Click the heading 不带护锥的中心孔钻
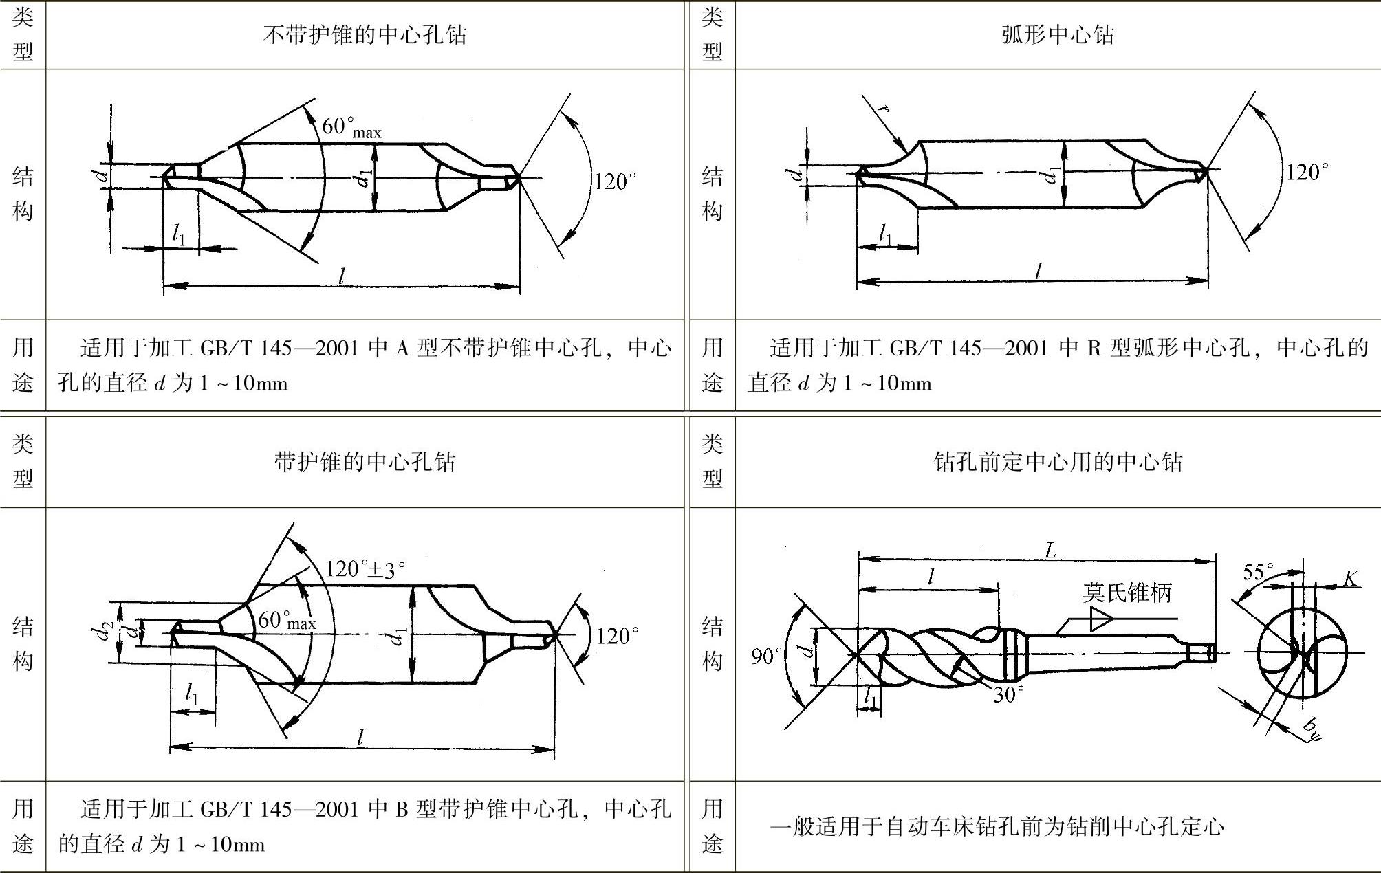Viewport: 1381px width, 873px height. (365, 34)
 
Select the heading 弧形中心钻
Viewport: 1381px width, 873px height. (1057, 34)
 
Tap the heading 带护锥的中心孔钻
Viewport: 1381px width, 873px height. (365, 461)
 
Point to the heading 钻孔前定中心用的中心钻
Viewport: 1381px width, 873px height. (1057, 461)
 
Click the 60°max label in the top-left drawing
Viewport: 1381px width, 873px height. (351, 126)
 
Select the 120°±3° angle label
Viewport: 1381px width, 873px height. (365, 569)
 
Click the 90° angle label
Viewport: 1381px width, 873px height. (766, 656)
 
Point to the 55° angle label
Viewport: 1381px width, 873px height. (1258, 572)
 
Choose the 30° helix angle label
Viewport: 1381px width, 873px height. (1008, 694)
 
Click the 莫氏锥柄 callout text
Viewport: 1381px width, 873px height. (1127, 593)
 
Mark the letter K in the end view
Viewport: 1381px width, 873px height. (1351, 579)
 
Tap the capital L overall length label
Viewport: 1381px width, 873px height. (1050, 550)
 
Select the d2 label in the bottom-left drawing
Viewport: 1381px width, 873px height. (105, 630)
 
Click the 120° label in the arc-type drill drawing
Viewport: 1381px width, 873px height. (1307, 172)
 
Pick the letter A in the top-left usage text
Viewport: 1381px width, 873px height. (402, 349)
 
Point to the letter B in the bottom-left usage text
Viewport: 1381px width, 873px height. (402, 809)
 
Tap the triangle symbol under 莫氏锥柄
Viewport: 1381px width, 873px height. (1100, 619)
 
